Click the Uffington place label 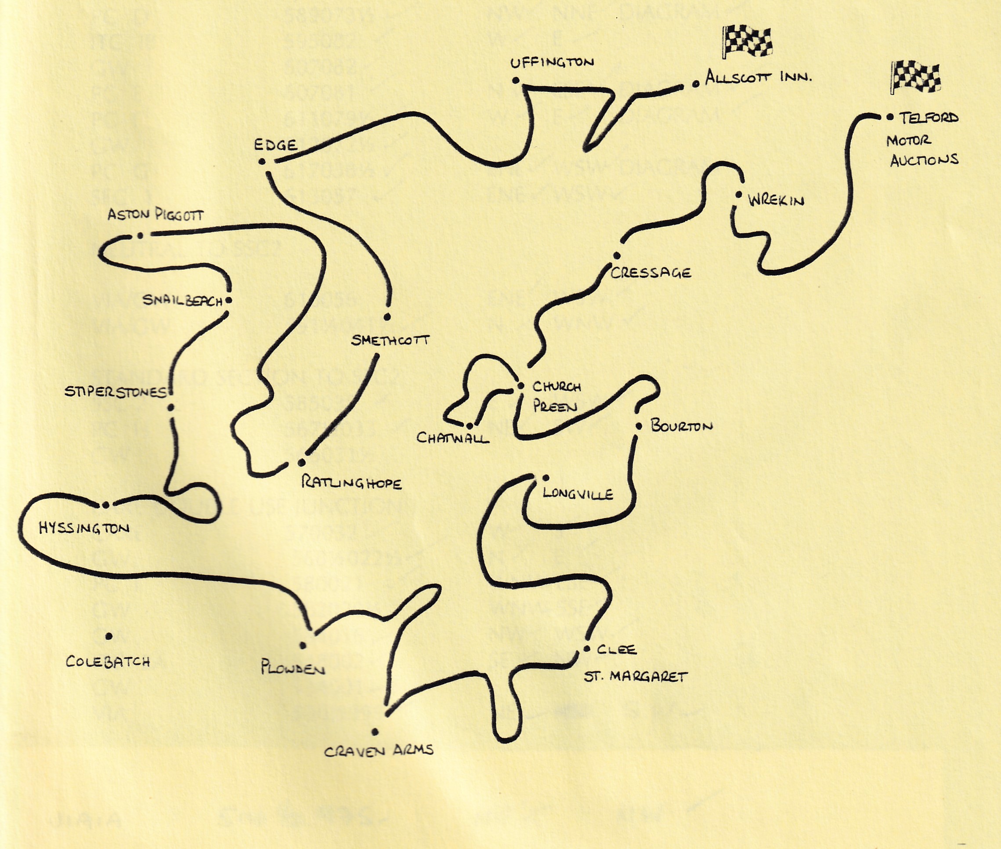(552, 62)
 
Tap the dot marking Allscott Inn (696, 84)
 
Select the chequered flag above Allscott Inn (747, 40)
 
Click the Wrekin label (776, 200)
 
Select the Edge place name (276, 145)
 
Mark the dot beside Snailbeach (228, 300)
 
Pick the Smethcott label (390, 341)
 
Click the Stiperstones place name (116, 392)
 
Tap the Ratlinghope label (351, 483)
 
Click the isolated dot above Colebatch (109, 636)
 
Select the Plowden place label (293, 668)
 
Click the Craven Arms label (379, 750)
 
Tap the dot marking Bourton (639, 426)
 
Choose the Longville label (577, 494)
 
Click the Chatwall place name (452, 438)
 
